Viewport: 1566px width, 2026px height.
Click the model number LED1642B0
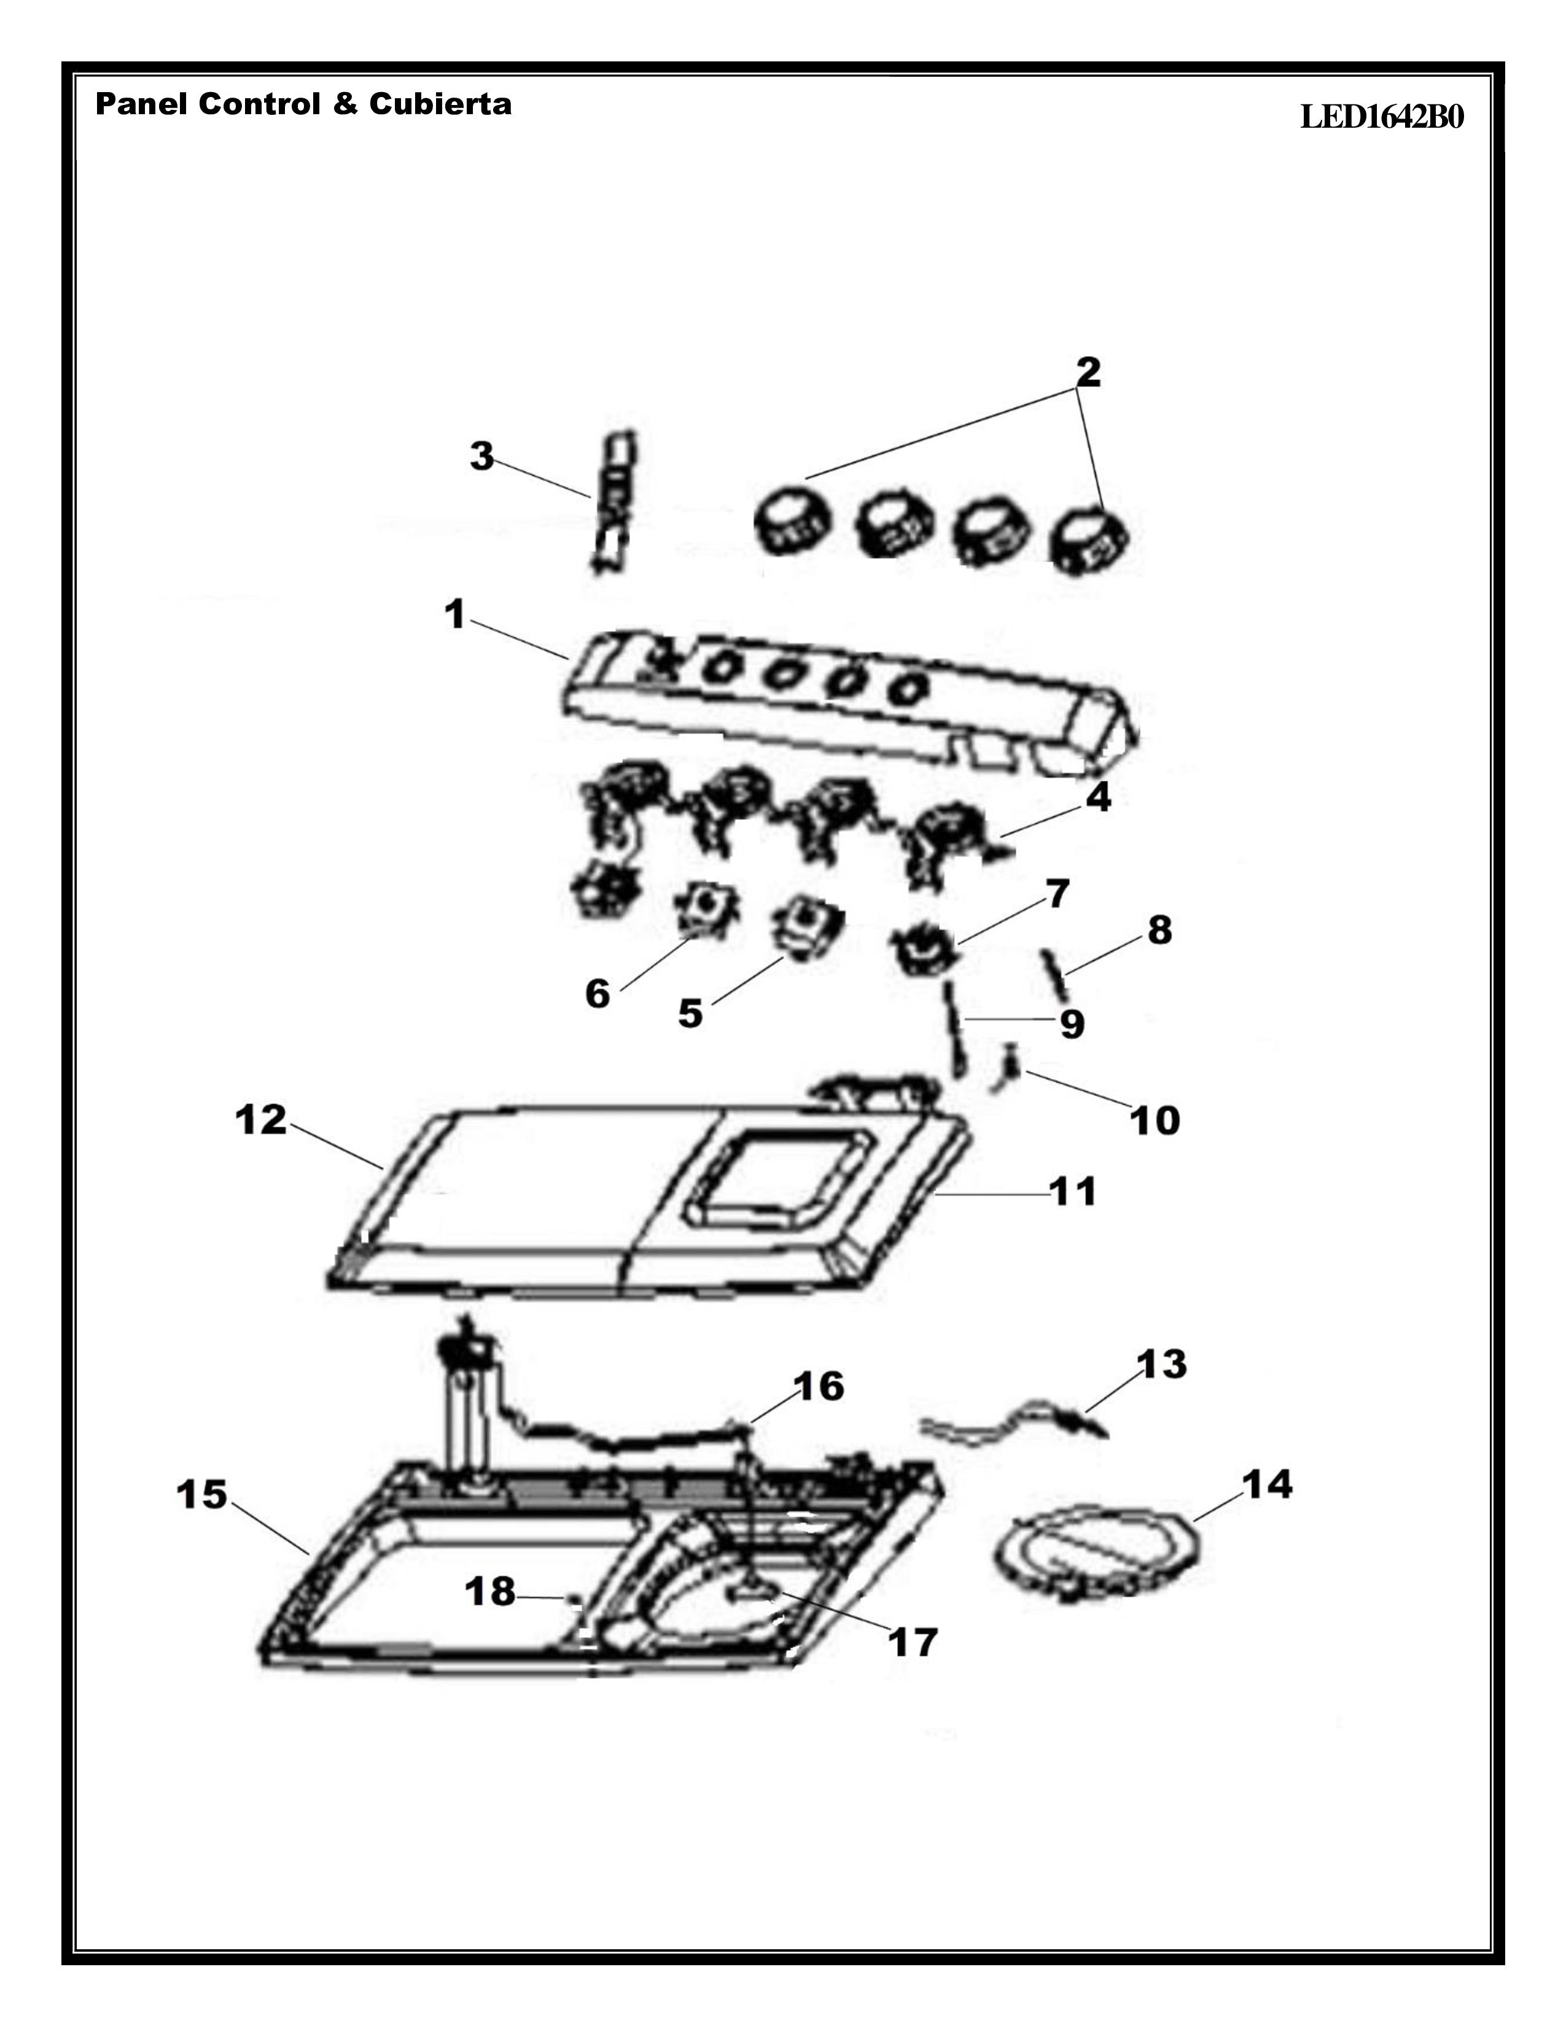pyautogui.click(x=1381, y=118)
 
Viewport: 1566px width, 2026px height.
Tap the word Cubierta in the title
pyautogui.click(x=440, y=103)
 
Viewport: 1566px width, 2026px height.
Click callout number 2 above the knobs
pyautogui.click(x=1088, y=372)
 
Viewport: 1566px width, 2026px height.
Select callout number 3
pyautogui.click(x=481, y=456)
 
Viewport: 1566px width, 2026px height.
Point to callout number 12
pyautogui.click(x=262, y=1120)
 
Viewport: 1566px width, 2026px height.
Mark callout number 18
pyautogui.click(x=490, y=1592)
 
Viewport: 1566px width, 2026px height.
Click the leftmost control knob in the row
pyautogui.click(x=796, y=524)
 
